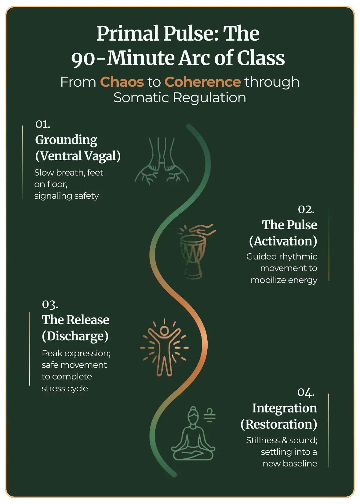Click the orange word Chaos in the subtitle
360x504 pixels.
[122, 82]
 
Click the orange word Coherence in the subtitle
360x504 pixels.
[202, 82]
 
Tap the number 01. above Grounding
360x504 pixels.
[43, 124]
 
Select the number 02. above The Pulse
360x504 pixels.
[306, 209]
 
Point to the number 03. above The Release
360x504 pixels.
[50, 304]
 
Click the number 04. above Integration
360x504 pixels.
[306, 392]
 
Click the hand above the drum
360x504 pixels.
[203, 229]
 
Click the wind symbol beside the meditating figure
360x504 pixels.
[210, 415]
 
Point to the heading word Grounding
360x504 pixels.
[66, 140]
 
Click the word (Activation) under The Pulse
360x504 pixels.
[283, 241]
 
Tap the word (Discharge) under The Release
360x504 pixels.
[75, 336]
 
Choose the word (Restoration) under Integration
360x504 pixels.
[279, 424]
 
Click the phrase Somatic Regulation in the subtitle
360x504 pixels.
[180, 98]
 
